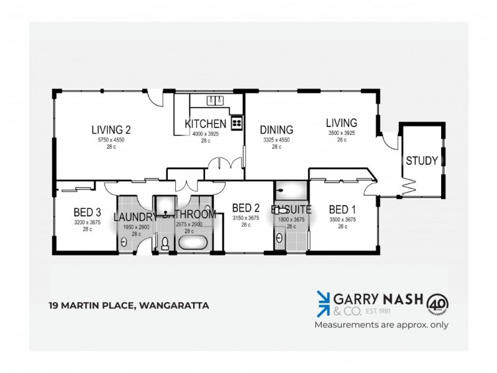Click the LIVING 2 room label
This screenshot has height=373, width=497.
(x=111, y=130)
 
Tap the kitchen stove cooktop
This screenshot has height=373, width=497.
(x=237, y=122)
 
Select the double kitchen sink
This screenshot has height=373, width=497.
(x=215, y=101)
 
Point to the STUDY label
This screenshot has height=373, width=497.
(x=422, y=160)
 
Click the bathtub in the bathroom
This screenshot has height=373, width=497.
(x=194, y=242)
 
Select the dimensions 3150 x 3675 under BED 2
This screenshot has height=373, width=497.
(x=245, y=218)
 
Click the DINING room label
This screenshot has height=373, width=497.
(x=276, y=130)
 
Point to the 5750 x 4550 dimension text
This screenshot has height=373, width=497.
(x=111, y=140)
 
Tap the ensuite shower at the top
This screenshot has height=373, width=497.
(x=290, y=190)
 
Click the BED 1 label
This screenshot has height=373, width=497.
(x=342, y=209)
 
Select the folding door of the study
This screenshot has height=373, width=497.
(x=410, y=185)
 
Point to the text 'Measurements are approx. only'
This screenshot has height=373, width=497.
(x=381, y=325)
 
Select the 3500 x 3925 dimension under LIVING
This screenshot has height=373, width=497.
(x=342, y=133)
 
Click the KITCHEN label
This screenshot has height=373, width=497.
(x=205, y=124)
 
